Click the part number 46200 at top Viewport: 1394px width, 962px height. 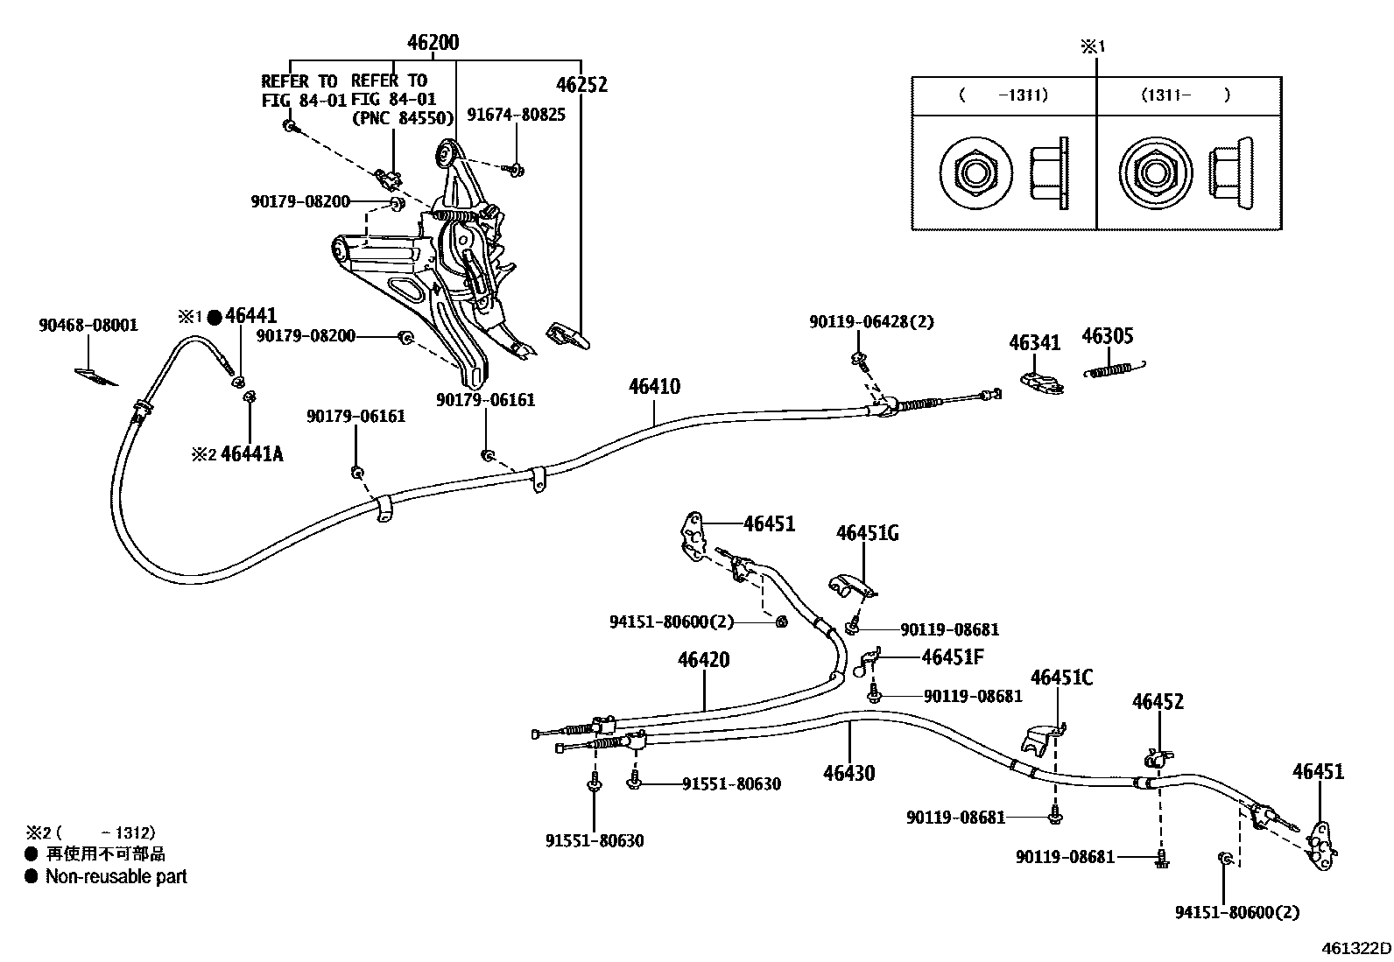click(x=433, y=43)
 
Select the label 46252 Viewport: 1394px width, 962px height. click(x=581, y=85)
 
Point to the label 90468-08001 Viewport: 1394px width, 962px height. click(x=88, y=325)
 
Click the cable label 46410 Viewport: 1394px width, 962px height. click(x=654, y=386)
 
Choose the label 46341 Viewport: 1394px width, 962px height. click(x=1034, y=342)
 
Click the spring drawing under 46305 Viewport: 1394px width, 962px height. click(x=1116, y=369)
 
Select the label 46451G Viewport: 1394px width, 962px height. click(x=867, y=533)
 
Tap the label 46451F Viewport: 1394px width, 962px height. click(x=953, y=657)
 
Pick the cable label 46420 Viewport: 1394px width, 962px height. click(x=703, y=659)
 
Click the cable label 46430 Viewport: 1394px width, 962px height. click(x=848, y=773)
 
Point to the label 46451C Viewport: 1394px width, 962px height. click(x=1061, y=678)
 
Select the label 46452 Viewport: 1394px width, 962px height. click(x=1158, y=701)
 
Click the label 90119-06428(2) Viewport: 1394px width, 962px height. click(x=871, y=322)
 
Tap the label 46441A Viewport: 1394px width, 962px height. click(x=252, y=453)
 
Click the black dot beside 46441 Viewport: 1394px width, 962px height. click(x=214, y=316)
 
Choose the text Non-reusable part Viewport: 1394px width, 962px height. click(x=116, y=876)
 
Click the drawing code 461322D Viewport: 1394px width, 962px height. click(x=1356, y=948)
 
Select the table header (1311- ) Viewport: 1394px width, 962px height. click(x=1186, y=95)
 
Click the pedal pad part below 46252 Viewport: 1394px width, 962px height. click(x=567, y=334)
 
